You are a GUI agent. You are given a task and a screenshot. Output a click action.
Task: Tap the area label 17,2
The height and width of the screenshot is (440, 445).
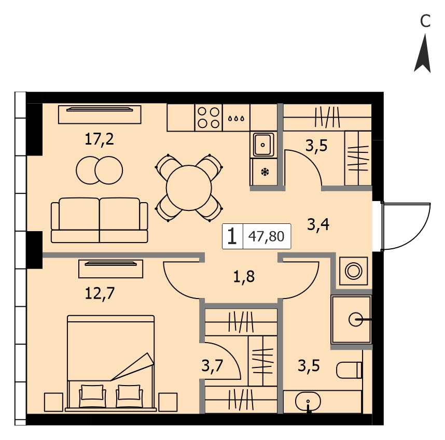[x=100, y=139]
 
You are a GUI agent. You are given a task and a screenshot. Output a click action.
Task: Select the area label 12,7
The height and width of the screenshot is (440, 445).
[x=100, y=293]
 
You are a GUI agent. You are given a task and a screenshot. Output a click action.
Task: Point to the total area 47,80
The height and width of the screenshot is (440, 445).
[x=266, y=236]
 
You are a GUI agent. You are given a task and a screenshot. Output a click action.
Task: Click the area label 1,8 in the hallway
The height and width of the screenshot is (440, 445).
[x=244, y=277]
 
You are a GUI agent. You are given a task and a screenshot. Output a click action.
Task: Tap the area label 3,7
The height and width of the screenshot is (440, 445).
[x=212, y=366]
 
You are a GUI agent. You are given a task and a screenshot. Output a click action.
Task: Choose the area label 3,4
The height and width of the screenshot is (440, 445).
[x=318, y=224]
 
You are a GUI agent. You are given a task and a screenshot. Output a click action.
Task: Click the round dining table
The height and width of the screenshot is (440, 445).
[x=189, y=188]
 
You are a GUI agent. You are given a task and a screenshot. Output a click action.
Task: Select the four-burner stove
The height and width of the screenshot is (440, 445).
[x=208, y=118]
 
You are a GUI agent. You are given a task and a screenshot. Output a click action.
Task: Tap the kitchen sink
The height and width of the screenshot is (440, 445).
[x=263, y=145]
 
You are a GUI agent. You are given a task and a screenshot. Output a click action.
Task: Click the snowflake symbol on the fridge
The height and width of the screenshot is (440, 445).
[x=265, y=172]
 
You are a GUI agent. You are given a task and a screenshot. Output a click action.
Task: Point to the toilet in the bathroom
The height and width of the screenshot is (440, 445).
[x=349, y=370]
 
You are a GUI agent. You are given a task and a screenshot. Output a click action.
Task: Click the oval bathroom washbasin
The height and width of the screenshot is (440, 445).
[x=308, y=401]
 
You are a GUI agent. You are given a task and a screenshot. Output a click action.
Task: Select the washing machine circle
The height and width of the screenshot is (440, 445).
[x=353, y=271]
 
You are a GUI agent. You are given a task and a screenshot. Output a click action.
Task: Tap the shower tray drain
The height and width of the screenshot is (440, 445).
[x=356, y=320]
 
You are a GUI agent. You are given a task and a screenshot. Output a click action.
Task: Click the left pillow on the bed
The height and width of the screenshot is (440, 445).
[x=92, y=392]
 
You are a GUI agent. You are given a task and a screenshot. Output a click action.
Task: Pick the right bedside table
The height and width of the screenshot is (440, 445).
[x=168, y=402]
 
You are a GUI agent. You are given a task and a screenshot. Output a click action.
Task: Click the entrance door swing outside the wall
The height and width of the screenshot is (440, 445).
[x=406, y=227]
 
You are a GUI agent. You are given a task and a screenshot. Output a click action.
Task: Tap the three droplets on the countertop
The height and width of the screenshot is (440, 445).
[x=236, y=118]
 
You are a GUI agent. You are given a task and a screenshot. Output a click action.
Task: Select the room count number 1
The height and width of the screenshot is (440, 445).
[x=232, y=236]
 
